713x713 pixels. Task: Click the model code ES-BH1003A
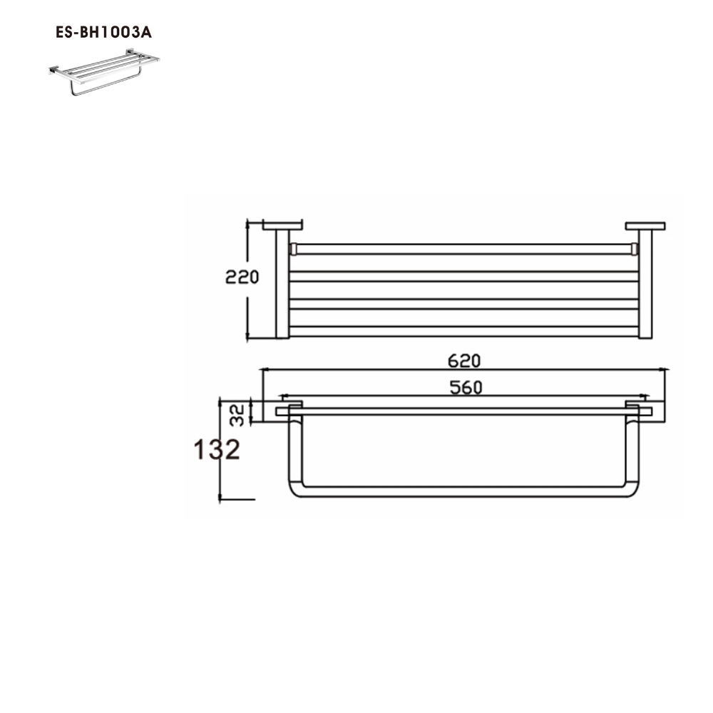(103, 33)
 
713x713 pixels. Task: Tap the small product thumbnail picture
(103, 72)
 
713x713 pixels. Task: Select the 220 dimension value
(242, 277)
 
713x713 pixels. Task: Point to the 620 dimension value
(464, 361)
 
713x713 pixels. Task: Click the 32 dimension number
(238, 414)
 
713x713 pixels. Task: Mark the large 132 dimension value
(216, 450)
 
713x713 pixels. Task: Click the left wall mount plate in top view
(282, 226)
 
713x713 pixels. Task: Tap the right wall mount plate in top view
(645, 226)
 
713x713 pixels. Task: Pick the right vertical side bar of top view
(645, 285)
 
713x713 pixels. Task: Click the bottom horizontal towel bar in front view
(463, 492)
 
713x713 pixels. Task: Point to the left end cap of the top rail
(292, 249)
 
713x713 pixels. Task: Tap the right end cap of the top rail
(634, 249)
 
